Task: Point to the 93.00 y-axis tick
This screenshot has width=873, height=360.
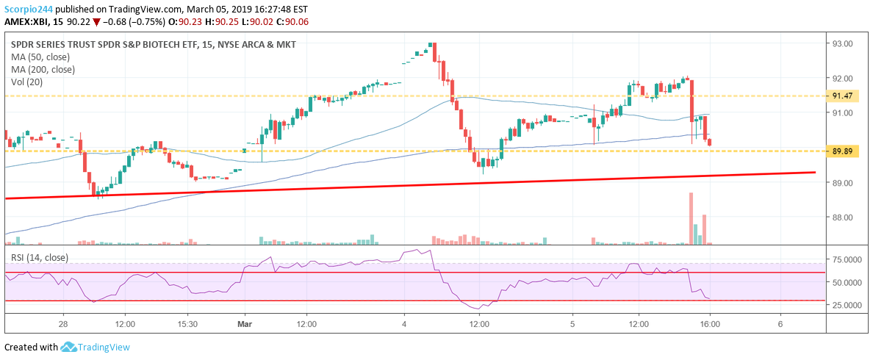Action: pyautogui.click(x=841, y=44)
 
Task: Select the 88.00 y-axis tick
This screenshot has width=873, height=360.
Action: pyautogui.click(x=841, y=217)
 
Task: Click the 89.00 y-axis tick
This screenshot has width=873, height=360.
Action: pyautogui.click(x=841, y=183)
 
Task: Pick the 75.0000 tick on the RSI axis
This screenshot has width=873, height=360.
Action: pyautogui.click(x=845, y=260)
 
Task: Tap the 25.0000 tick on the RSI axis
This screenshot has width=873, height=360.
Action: pyautogui.click(x=845, y=305)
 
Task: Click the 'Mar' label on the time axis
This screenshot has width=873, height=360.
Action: pyautogui.click(x=244, y=323)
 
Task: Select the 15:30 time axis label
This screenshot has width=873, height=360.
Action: pyautogui.click(x=187, y=323)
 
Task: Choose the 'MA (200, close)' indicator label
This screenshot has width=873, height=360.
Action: pyautogui.click(x=43, y=70)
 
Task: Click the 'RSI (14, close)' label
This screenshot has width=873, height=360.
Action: pyautogui.click(x=39, y=258)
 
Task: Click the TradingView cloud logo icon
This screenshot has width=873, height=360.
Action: pyautogui.click(x=69, y=347)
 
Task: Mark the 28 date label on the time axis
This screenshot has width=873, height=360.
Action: pyautogui.click(x=64, y=323)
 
